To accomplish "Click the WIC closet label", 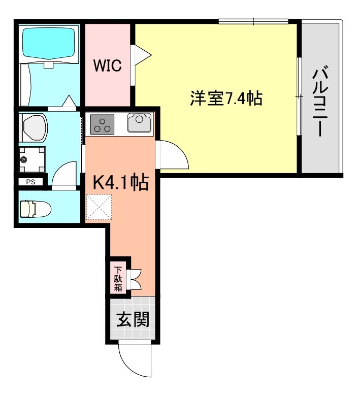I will click(x=107, y=66).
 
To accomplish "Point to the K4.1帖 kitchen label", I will click(x=120, y=181).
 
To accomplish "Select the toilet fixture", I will click(x=35, y=209).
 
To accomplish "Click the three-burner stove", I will click(x=103, y=124).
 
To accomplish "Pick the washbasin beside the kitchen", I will click(x=34, y=127).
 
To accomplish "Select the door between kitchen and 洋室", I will click(x=173, y=155).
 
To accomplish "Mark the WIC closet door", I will click(x=141, y=56).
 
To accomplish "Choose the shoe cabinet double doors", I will click(x=136, y=278).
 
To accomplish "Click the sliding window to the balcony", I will click(x=299, y=96).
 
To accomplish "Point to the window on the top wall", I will click(x=253, y=21).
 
